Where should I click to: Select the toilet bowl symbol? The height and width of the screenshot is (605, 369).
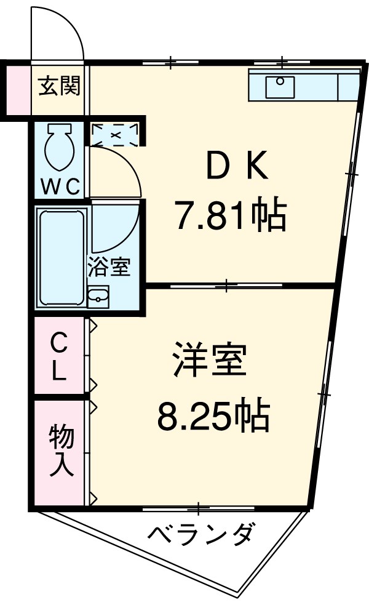[x=60, y=148]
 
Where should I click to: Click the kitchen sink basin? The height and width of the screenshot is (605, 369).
[x=280, y=86]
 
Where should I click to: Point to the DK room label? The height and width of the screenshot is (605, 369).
[x=236, y=166]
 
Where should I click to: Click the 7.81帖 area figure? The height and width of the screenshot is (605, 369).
[x=231, y=215]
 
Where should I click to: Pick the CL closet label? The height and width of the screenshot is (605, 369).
[x=59, y=355]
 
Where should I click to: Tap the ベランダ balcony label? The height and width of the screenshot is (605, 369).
[x=199, y=533]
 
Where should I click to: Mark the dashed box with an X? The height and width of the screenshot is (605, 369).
[x=115, y=134]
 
